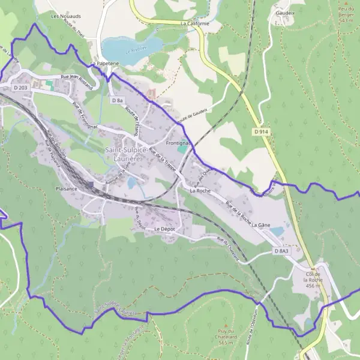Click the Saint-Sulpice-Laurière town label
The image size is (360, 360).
point(127,154)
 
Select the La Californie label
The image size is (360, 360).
point(194,23)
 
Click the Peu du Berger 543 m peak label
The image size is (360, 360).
point(345,14)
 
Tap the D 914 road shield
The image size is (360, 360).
point(260,131)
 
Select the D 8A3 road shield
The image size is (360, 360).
point(282,251)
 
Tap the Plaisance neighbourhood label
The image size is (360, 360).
point(67,188)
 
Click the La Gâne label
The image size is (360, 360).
point(260,224)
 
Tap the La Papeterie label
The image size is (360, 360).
point(103,63)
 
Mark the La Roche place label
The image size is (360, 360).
point(200,190)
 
